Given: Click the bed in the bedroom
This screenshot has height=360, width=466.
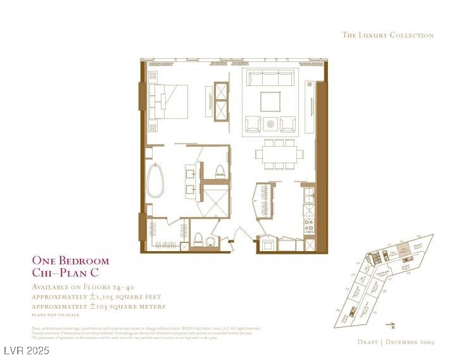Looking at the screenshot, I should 169,101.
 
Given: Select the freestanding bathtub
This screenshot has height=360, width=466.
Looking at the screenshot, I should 156,180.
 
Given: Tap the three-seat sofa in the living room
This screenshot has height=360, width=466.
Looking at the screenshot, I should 270,80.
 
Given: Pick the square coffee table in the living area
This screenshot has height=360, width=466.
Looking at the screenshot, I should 270,101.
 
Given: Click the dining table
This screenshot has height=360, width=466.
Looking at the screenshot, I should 279,154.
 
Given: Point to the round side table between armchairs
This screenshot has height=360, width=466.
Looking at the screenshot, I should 271,123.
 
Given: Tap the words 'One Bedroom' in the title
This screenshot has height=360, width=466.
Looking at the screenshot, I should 70,261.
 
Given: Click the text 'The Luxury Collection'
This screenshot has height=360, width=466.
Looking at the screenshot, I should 387,35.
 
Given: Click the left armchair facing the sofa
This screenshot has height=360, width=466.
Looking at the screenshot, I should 253,123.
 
